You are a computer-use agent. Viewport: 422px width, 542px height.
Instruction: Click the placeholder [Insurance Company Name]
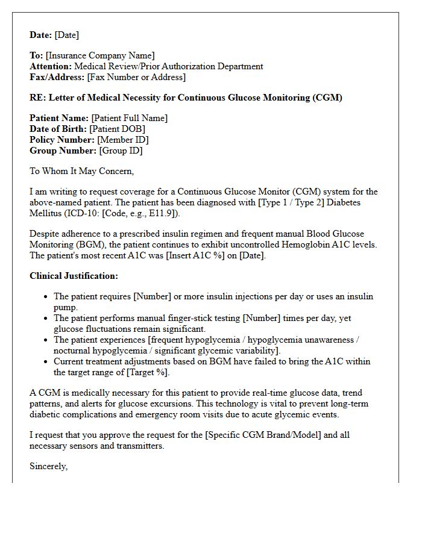click(x=100, y=56)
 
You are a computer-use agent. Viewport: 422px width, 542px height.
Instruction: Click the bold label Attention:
click(x=50, y=67)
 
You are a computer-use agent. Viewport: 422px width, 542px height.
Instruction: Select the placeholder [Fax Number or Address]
click(x=136, y=78)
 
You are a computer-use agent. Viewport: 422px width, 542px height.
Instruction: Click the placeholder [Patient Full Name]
click(x=130, y=119)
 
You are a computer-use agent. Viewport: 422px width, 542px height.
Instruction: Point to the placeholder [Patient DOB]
click(x=118, y=129)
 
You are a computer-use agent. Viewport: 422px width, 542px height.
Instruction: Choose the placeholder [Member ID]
click(x=119, y=140)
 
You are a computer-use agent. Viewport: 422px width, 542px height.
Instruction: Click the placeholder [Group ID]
click(x=121, y=151)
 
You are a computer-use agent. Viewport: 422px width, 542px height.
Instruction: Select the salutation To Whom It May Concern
click(x=81, y=172)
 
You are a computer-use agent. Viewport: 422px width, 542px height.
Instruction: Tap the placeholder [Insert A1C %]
click(x=189, y=256)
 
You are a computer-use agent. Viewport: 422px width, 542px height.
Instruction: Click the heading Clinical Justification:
click(x=74, y=276)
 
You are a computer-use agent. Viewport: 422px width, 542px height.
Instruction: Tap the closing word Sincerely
click(x=48, y=467)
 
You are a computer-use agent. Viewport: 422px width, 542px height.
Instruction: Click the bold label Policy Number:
click(x=62, y=140)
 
